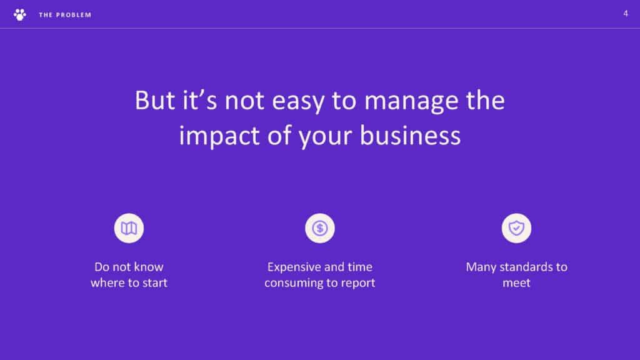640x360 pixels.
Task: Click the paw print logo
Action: click(19, 15)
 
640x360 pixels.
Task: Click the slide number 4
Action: click(625, 14)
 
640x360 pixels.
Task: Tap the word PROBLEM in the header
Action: click(74, 15)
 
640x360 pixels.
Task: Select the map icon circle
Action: click(129, 228)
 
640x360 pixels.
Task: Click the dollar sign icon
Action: click(320, 228)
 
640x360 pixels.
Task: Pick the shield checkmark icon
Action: click(516, 228)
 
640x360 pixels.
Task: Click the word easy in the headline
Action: click(298, 101)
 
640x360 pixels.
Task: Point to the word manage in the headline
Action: click(411, 101)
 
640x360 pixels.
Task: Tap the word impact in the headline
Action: click(219, 136)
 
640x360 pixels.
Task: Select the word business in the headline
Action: click(410, 136)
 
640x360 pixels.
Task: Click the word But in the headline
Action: click(155, 101)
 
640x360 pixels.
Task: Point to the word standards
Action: click(526, 267)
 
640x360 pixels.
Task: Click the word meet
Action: click(516, 283)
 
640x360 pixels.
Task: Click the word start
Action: click(152, 283)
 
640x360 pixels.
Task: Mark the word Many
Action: click(481, 267)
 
